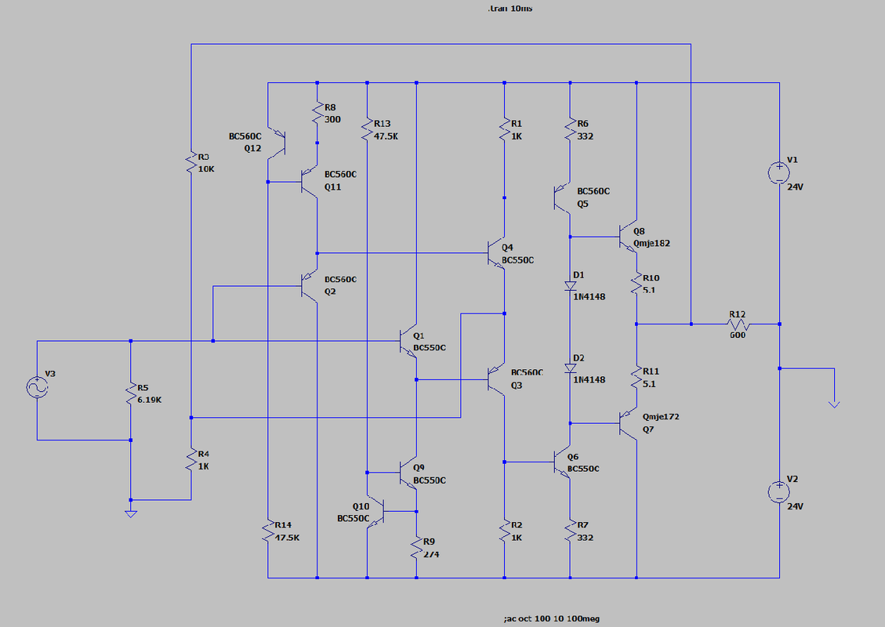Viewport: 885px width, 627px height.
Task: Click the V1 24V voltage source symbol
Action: coord(779,171)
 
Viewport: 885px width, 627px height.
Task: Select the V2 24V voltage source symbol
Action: coord(779,491)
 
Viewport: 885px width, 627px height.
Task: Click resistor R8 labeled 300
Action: coord(317,114)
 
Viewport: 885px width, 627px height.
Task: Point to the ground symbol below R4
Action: coord(131,513)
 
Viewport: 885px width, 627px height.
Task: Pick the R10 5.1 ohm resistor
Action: coord(636,282)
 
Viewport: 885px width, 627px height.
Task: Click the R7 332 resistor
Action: coord(570,533)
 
